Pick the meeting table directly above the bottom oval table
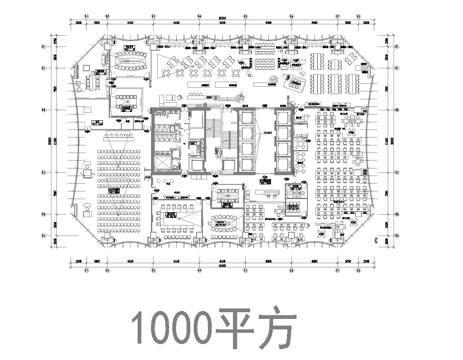pos(224,193)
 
